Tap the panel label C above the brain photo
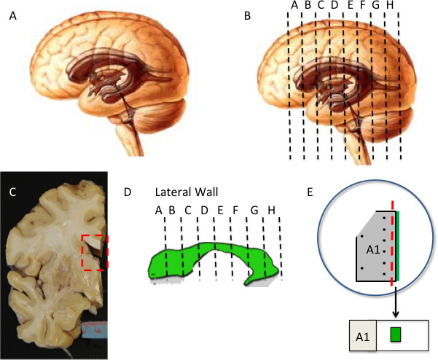[x=12, y=192]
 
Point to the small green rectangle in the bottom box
[x=396, y=334]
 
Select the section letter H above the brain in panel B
[x=390, y=6]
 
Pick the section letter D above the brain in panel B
[x=334, y=6]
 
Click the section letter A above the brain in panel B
[x=294, y=6]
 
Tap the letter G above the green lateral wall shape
[x=254, y=211]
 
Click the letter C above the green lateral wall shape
[x=188, y=211]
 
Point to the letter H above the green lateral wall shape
[x=271, y=211]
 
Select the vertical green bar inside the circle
[x=398, y=248]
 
